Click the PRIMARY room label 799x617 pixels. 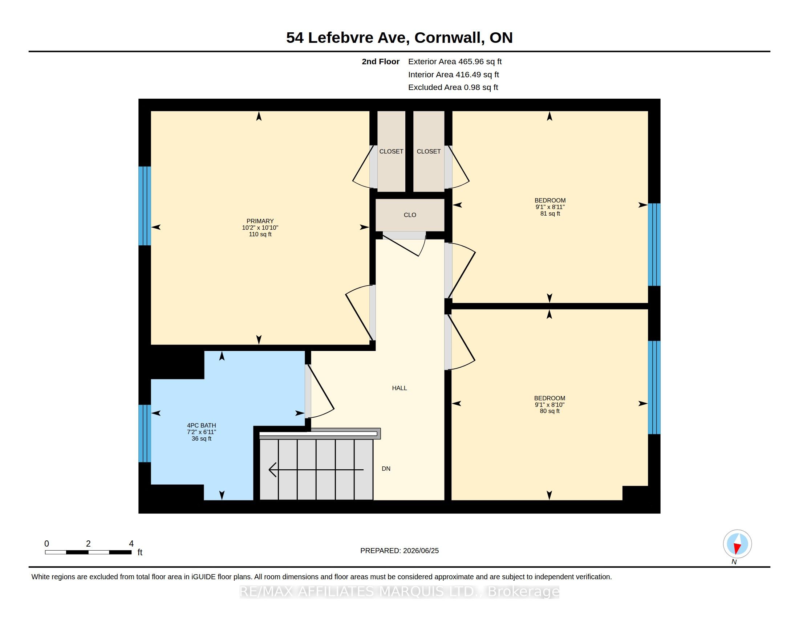pyautogui.click(x=260, y=221)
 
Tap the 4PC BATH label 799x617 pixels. pyautogui.click(x=202, y=425)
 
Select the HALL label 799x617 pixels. pyautogui.click(x=399, y=388)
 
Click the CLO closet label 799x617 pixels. pyautogui.click(x=410, y=215)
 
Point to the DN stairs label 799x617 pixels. pyautogui.click(x=386, y=469)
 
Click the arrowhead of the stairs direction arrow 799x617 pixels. pyautogui.click(x=272, y=470)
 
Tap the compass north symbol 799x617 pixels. pyautogui.click(x=737, y=544)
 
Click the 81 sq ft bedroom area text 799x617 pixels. pyautogui.click(x=550, y=213)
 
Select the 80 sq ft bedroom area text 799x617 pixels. pyautogui.click(x=550, y=411)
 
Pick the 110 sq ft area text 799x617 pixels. pyautogui.click(x=260, y=234)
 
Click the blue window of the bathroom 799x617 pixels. pyautogui.click(x=145, y=433)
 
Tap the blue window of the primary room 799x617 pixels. pyautogui.click(x=145, y=206)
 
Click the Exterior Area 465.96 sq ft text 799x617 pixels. pyautogui.click(x=455, y=62)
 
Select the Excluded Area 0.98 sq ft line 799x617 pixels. pyautogui.click(x=453, y=87)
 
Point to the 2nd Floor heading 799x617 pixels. pyautogui.click(x=381, y=62)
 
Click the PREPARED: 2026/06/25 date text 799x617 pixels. pyautogui.click(x=399, y=551)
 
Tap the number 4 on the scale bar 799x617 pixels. pyautogui.click(x=131, y=544)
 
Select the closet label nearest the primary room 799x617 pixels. pyautogui.click(x=391, y=151)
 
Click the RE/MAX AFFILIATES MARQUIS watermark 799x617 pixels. pyautogui.click(x=399, y=592)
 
